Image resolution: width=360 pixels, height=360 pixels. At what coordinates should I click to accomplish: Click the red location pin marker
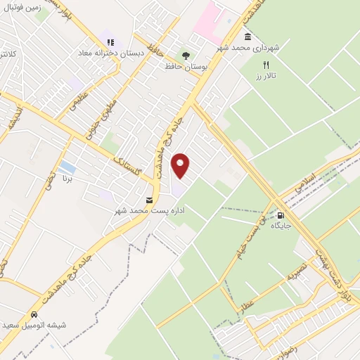tap(181, 165)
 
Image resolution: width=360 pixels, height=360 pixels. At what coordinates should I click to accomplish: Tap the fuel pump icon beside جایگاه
tap(281, 216)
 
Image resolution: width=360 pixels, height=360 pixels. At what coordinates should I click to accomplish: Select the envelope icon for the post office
tap(148, 200)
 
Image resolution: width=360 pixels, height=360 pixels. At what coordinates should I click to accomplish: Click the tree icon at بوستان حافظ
tap(185, 55)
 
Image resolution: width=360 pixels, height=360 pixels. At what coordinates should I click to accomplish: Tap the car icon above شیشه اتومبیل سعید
tap(34, 314)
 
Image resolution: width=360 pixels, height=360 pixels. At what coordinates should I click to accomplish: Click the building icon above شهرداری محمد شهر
tap(247, 37)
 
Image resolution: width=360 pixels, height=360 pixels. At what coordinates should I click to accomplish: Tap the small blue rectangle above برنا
tap(67, 167)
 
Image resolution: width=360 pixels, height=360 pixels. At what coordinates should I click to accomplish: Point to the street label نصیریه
tap(295, 273)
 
